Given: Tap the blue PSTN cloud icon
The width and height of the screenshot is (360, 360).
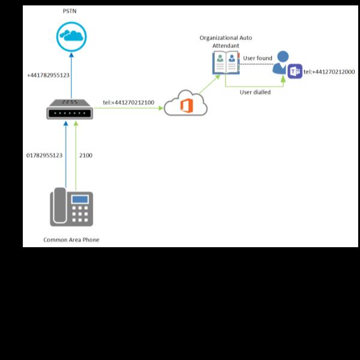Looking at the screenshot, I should point(71,36).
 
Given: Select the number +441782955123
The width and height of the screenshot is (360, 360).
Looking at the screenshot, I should point(49,76).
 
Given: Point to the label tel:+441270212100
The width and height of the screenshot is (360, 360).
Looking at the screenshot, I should point(128,103).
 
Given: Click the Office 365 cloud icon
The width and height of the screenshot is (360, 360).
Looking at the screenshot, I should point(185,103).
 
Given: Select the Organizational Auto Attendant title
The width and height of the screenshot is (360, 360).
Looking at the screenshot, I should point(226,41).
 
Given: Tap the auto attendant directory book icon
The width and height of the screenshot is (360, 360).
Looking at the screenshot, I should point(226,62).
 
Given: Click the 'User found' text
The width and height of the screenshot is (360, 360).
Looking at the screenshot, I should point(257,58).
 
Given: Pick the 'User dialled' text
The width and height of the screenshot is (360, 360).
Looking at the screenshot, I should point(255,92).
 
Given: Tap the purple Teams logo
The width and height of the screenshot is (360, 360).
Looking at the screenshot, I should point(295,72).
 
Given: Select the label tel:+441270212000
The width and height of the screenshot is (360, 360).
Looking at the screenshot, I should point(329,72).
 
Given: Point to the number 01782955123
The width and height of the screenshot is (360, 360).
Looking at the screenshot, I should point(44,155).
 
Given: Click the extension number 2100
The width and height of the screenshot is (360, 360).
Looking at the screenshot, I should point(86,155).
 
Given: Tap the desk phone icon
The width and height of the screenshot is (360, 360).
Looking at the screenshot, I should point(71,206).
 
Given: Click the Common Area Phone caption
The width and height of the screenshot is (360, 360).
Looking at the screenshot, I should point(71,240).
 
